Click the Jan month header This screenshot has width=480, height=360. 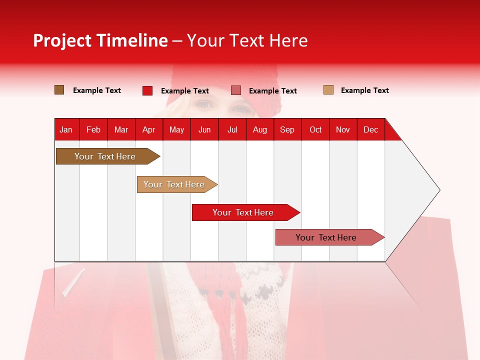pyautogui.click(x=66, y=129)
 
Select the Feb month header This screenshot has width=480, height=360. pyautogui.click(x=93, y=129)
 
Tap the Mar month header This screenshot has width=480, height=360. pyautogui.click(x=121, y=129)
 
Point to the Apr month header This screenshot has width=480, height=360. pyautogui.click(x=149, y=129)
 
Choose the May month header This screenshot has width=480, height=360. pyautogui.click(x=176, y=129)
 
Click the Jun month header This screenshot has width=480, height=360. pyautogui.click(x=204, y=129)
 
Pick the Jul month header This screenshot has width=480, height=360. pyautogui.click(x=232, y=129)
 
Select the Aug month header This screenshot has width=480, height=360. pyautogui.click(x=260, y=129)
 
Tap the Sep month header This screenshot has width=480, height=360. pyautogui.click(x=287, y=129)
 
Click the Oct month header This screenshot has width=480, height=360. pyautogui.click(x=315, y=129)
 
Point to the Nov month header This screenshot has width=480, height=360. pyautogui.click(x=343, y=129)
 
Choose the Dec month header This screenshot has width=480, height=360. pyautogui.click(x=371, y=129)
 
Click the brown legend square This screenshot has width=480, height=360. pyautogui.click(x=59, y=90)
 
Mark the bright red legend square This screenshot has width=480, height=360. pyautogui.click(x=147, y=90)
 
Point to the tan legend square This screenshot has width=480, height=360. pyautogui.click(x=328, y=90)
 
